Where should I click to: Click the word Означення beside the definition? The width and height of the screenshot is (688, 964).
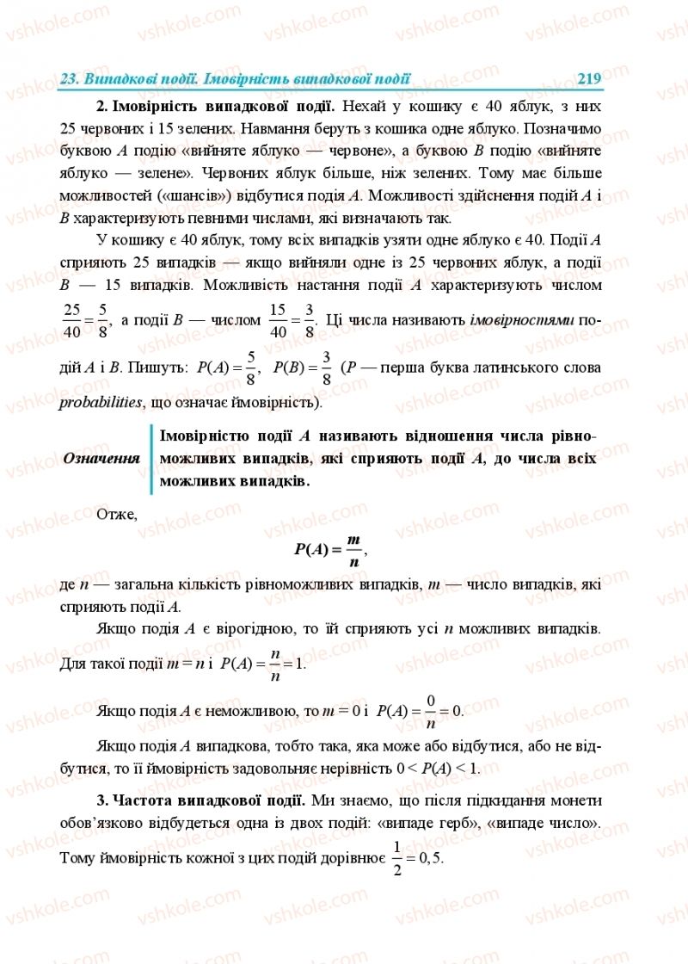click(x=101, y=458)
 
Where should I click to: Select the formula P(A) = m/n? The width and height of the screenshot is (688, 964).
click(x=329, y=548)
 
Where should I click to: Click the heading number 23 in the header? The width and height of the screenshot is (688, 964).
click(x=70, y=79)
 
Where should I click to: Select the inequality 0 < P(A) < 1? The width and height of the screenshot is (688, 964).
click(x=440, y=768)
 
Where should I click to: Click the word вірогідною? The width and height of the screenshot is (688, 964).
click(x=259, y=628)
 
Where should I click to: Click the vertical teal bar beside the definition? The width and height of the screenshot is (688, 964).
click(x=152, y=459)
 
